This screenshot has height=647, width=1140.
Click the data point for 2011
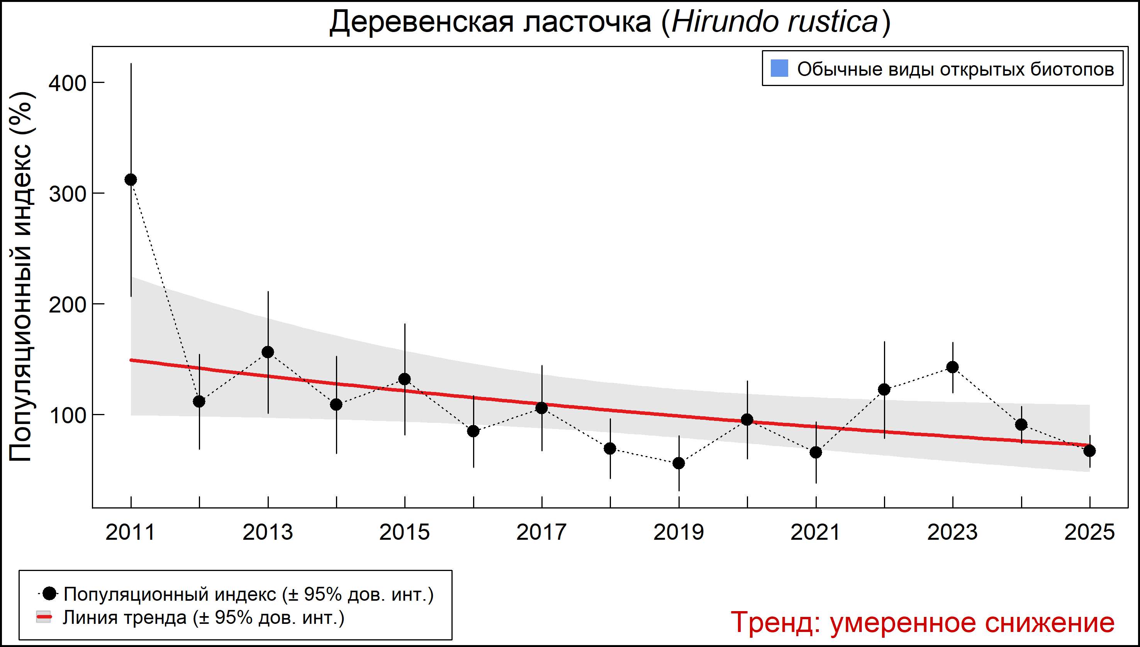tap(131, 179)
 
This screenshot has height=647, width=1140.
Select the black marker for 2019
tap(679, 463)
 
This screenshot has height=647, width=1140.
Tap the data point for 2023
tap(952, 367)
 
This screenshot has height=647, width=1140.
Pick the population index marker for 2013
tap(268, 352)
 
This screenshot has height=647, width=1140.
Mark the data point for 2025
tap(1089, 451)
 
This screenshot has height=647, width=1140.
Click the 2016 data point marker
tap(473, 431)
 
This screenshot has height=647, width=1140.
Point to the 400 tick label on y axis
tap(67, 83)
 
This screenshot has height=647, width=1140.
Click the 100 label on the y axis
tap(67, 415)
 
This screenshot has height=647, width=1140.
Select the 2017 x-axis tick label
tap(541, 532)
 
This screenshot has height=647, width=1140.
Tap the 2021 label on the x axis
tap(815, 532)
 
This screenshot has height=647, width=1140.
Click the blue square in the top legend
tap(779, 68)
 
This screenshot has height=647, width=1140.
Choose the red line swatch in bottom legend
tap(44, 617)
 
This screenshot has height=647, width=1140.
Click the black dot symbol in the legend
tap(50, 593)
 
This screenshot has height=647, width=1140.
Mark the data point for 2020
tap(747, 419)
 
